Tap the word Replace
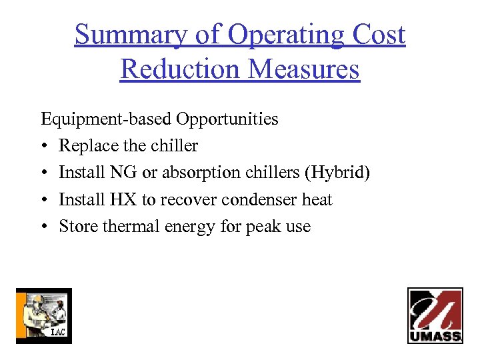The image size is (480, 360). (x=83, y=146)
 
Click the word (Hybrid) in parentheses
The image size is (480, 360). (x=337, y=173)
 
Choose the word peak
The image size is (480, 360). (x=265, y=226)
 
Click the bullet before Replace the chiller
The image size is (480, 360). (x=44, y=146)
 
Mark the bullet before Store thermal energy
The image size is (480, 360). (x=44, y=226)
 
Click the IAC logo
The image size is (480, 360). (x=43, y=315)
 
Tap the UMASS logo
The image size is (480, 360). (x=435, y=315)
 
